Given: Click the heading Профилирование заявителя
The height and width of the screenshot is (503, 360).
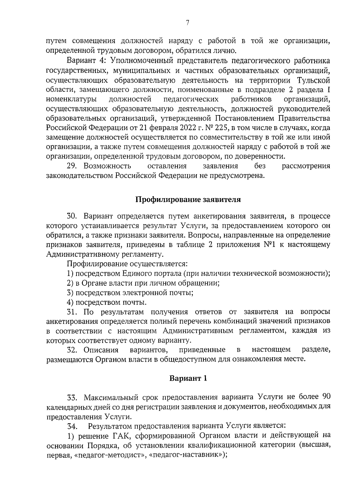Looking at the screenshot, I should click(x=188, y=200).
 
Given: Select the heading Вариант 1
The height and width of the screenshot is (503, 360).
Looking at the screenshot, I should click(x=188, y=378).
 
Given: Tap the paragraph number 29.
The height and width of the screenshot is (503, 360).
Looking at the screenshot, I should click(x=73, y=166).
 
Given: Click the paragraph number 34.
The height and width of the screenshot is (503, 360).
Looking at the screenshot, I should click(x=73, y=426).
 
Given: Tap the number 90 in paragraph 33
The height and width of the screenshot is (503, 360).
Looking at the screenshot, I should click(x=326, y=397).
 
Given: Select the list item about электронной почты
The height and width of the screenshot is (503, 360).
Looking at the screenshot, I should click(x=130, y=293).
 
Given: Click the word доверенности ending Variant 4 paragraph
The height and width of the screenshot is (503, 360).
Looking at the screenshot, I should click(x=258, y=156).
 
